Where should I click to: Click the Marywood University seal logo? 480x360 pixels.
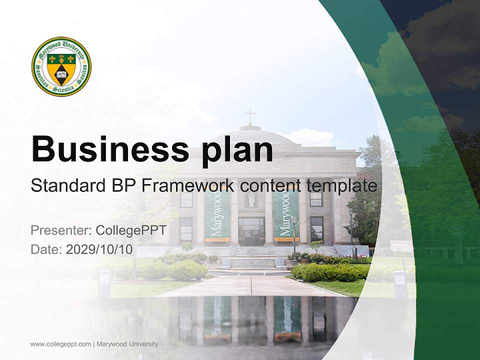tap(61, 66)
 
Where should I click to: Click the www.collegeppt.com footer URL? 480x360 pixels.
tap(60, 344)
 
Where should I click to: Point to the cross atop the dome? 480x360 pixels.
tap(249, 116)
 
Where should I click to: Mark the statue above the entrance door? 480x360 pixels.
tap(251, 199)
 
